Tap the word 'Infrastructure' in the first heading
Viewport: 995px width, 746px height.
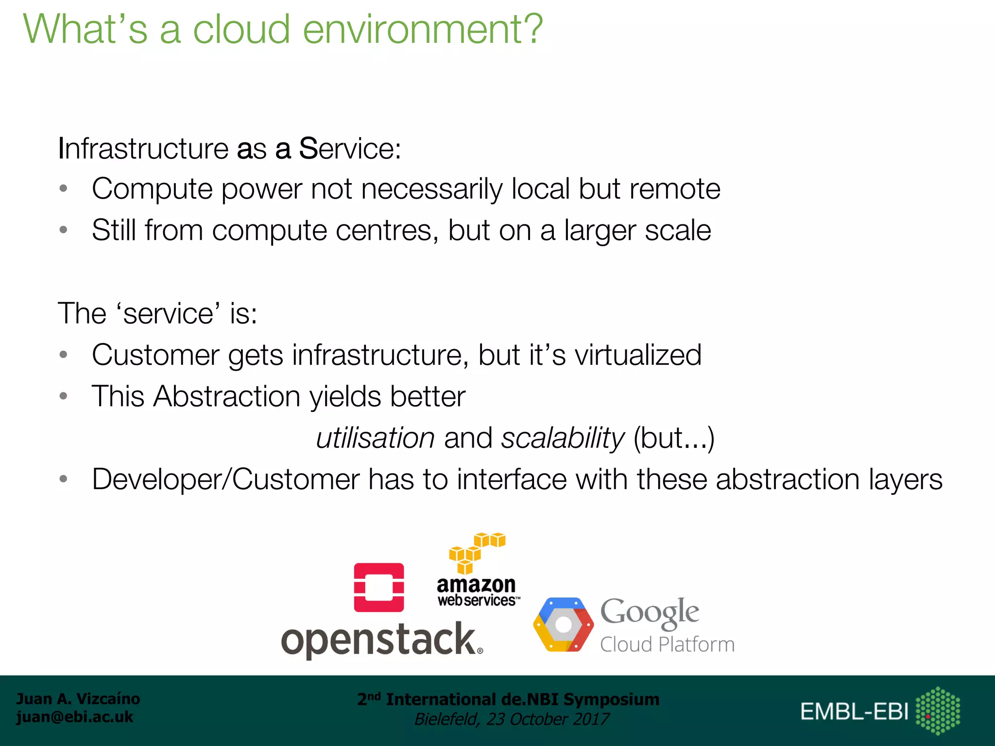[x=143, y=149]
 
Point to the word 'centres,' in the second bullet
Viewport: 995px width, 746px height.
[x=387, y=230]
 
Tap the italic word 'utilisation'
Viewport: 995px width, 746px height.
[x=375, y=439]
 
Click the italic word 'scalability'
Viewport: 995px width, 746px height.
[x=563, y=439]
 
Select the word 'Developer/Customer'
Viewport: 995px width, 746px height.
[x=226, y=480]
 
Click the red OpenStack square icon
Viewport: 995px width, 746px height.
[x=379, y=587]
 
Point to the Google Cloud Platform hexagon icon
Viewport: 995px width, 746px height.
[x=563, y=625]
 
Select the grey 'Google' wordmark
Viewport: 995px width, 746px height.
[x=650, y=612]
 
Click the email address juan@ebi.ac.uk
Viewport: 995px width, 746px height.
[x=75, y=717]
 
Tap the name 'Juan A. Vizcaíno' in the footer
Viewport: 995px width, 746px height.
[x=78, y=699]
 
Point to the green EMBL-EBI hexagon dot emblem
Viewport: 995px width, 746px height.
[x=938, y=711]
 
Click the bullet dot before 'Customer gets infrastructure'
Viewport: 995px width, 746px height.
[x=63, y=355]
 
